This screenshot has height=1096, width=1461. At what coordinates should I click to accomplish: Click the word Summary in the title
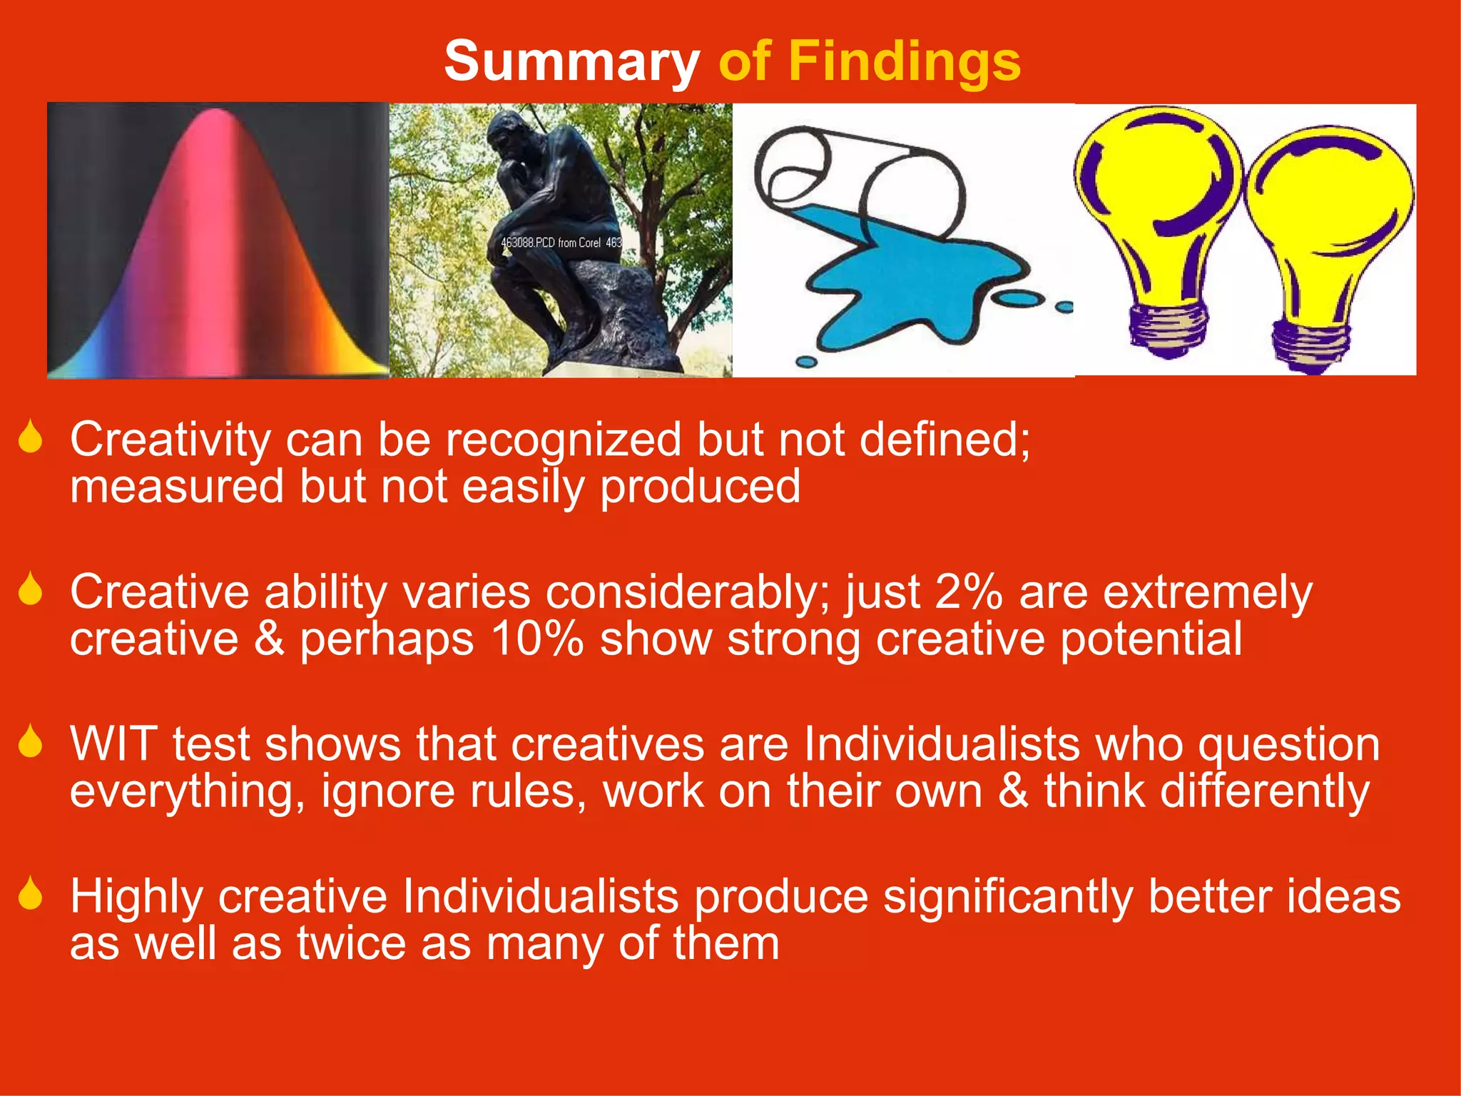coord(571,61)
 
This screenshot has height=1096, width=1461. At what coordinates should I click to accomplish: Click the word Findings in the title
coord(904,61)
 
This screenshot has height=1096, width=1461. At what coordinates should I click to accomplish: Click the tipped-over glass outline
coord(856,171)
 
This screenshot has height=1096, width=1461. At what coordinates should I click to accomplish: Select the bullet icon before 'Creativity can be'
coord(31,437)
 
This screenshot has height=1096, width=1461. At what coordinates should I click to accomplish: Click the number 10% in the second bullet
coord(537,639)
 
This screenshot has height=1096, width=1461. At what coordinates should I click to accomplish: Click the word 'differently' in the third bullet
coord(1207,791)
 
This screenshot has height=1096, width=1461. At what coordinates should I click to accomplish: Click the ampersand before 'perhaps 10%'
coord(269,639)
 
